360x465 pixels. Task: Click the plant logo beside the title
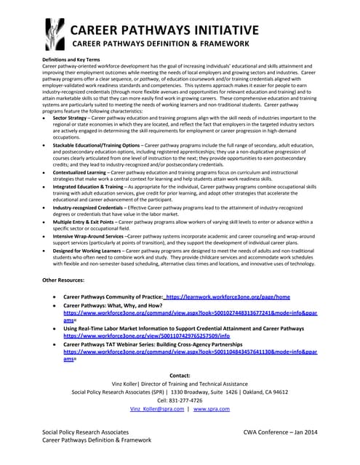coord(55,36)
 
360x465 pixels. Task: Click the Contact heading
coord(180,375)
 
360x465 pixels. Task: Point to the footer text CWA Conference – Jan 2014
coord(281,432)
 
